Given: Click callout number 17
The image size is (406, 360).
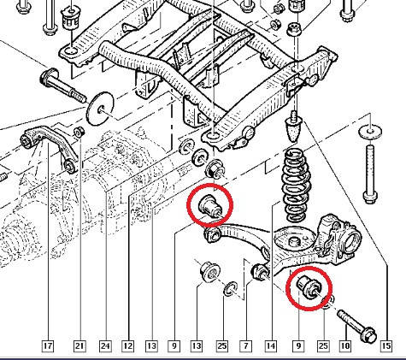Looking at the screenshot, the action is pyautogui.click(x=48, y=345).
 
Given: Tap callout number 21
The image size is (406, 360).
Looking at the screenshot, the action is pyautogui.click(x=79, y=345).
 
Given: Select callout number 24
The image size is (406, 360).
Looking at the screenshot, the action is pyautogui.click(x=105, y=345).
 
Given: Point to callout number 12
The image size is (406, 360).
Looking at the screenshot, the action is pyautogui.click(x=127, y=345).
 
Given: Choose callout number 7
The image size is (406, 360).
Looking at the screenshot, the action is pyautogui.click(x=245, y=345).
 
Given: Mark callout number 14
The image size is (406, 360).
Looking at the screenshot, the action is pyautogui.click(x=270, y=345).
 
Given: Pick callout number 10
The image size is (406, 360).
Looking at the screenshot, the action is pyautogui.click(x=345, y=345).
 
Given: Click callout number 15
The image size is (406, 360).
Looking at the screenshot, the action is pyautogui.click(x=386, y=345).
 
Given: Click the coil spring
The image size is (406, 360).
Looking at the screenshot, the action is pyautogui.click(x=296, y=185).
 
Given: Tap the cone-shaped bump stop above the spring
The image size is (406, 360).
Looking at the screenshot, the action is pyautogui.click(x=293, y=127).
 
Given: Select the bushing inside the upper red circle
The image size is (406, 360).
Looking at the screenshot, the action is pyautogui.click(x=209, y=206).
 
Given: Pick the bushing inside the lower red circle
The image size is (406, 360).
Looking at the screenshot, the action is pyautogui.click(x=309, y=286).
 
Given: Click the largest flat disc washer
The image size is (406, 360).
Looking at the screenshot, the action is pyautogui.click(x=100, y=109).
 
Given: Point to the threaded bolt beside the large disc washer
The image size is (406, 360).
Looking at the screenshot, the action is pyautogui.click(x=62, y=85).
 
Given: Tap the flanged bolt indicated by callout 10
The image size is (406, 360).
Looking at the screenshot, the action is pyautogui.click(x=356, y=326).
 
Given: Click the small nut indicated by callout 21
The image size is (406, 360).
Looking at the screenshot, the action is pyautogui.click(x=79, y=132).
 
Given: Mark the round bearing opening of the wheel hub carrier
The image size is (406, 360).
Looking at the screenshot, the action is pyautogui.click(x=352, y=239).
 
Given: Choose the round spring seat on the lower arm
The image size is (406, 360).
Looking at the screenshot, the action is pyautogui.click(x=295, y=239).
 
